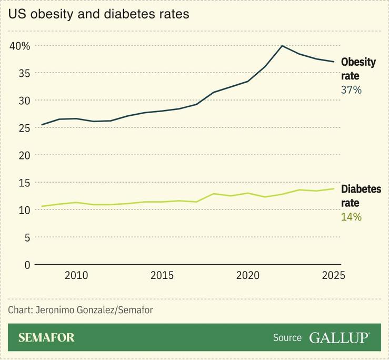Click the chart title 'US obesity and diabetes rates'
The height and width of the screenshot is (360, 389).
98,14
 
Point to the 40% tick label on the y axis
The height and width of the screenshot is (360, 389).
20,46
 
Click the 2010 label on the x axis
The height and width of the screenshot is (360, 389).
76,276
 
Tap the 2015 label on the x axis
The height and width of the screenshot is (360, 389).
162,276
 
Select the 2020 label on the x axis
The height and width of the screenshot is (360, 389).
247,276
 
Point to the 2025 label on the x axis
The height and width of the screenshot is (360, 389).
333,276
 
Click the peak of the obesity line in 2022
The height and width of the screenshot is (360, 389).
282,46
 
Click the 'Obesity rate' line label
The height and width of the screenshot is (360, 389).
358,69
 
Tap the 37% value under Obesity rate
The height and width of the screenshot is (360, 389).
351,90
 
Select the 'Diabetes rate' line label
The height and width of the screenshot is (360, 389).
361,196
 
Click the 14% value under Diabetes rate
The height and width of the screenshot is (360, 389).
351,217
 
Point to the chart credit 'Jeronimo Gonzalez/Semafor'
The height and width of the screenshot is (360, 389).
80,310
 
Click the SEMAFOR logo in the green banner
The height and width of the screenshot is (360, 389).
46,337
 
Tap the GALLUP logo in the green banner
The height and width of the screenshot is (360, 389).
340,337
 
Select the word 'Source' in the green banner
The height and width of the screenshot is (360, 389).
287,338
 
